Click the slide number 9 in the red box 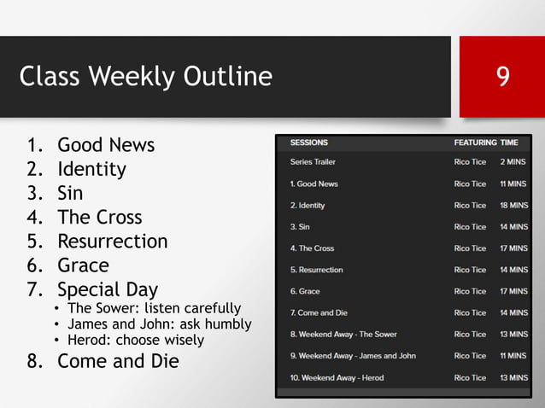pos(503,78)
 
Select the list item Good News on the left pos(106,145)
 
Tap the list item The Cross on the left pos(100,217)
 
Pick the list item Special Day pos(108,289)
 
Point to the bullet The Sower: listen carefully pos(154,308)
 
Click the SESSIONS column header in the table pos(308,143)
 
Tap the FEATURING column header pos(475,143)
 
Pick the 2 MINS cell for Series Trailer pos(514,161)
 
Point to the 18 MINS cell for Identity pos(513,205)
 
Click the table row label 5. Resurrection pos(316,270)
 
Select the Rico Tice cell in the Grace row pos(470,291)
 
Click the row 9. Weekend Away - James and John pos(353,356)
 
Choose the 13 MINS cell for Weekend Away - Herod pos(513,377)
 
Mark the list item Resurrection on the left pos(113,241)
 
